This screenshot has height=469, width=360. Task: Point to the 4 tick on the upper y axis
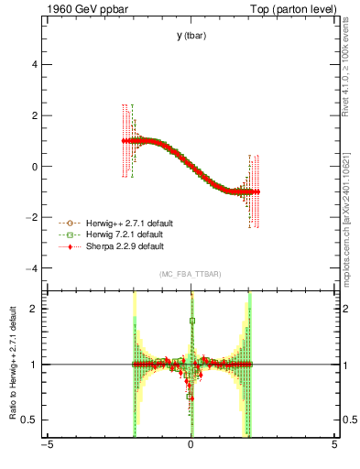coord(36,65)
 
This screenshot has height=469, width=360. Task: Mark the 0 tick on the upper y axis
coord(36,167)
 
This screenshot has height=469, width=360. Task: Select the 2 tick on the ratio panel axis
coord(36,309)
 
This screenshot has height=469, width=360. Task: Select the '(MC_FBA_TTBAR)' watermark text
coord(191,275)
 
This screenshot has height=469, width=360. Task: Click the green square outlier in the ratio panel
coord(191,321)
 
